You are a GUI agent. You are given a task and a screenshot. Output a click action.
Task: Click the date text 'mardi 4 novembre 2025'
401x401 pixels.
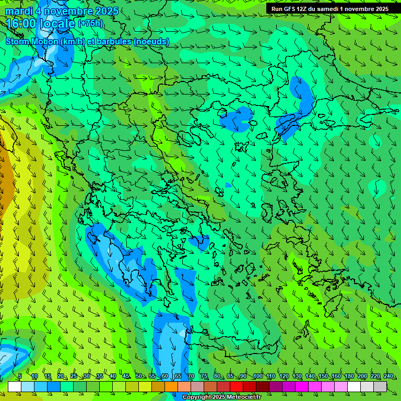point(62,11)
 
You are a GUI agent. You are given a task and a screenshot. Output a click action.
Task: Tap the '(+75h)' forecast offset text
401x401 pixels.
point(90,23)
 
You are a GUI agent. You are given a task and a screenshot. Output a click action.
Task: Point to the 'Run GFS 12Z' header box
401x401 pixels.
point(333,9)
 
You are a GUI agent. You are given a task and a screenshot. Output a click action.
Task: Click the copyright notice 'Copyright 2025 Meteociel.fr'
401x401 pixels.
point(222,397)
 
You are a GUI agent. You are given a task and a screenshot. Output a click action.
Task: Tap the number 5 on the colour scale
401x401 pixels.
point(20,376)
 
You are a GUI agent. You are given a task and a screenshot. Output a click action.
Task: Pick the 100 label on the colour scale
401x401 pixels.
point(257,376)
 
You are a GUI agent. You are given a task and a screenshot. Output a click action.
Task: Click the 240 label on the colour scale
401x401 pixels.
point(388,376)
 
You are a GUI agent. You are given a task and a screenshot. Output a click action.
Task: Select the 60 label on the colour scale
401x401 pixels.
point(164,376)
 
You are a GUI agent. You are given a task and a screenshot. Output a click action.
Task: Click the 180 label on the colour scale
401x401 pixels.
point(349,376)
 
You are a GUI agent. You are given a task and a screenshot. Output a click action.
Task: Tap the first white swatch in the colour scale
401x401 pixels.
point(15,386)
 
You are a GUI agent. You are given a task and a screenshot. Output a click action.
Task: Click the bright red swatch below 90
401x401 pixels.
point(237,386)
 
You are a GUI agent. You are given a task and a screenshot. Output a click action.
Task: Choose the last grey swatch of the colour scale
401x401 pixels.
point(380,386)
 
